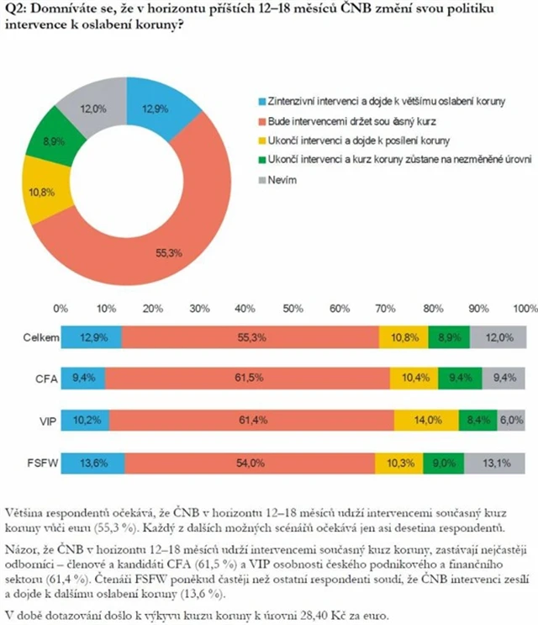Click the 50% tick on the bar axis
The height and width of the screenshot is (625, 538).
293,307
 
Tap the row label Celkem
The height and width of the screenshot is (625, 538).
39,338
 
